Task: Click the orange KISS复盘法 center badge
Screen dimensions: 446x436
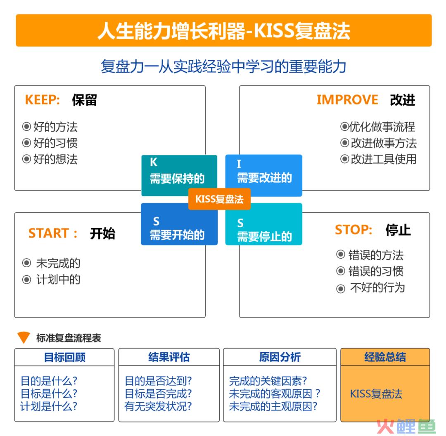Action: point(219,199)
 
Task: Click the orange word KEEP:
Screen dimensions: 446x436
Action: point(43,100)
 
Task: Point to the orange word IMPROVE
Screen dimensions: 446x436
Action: point(347,100)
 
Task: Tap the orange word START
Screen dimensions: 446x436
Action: point(49,233)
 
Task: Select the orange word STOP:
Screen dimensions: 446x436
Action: point(353,230)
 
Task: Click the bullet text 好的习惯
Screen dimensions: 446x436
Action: point(55,143)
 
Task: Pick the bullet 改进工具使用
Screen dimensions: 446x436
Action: point(383,159)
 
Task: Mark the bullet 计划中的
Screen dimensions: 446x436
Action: point(58,280)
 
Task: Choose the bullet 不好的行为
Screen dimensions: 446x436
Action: point(377,288)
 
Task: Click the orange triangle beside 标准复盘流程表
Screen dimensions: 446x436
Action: point(24,337)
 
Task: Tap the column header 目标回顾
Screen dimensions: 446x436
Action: point(64,357)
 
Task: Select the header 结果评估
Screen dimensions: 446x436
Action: point(169,357)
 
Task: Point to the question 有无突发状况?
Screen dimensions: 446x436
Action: point(158,406)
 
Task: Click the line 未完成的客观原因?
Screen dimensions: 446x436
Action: point(275,394)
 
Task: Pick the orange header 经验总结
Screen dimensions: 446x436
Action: point(385,357)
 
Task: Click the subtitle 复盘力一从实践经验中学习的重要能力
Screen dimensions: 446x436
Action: point(223,66)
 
